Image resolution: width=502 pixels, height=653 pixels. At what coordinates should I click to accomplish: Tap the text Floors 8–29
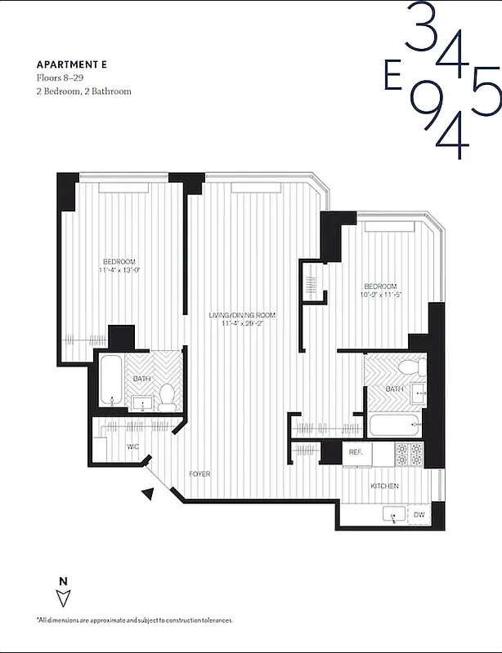(60, 78)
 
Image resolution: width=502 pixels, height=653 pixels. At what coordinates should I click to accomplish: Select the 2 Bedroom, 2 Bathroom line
(83, 91)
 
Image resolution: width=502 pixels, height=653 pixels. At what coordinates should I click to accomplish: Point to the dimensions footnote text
(134, 621)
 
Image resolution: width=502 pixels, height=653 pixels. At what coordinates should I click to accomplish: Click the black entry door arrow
(148, 493)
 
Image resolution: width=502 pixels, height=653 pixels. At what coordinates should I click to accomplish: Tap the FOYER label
(199, 473)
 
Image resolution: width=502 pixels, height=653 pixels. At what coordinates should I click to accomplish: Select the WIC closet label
(133, 446)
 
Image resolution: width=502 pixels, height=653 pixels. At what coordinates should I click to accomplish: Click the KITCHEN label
(384, 486)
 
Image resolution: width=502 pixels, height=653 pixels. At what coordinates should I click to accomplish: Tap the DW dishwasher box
(418, 514)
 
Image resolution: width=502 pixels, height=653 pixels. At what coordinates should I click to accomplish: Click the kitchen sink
(394, 514)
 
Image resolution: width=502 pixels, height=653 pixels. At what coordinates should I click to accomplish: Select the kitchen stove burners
(408, 453)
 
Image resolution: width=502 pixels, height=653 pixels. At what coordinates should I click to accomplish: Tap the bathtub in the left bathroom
(111, 381)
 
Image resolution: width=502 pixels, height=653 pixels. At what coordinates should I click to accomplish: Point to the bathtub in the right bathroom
(394, 424)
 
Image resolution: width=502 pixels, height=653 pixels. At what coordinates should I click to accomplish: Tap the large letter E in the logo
(392, 76)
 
